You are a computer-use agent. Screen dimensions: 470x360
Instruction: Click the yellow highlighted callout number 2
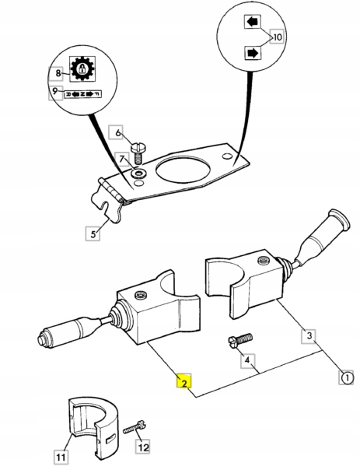183,383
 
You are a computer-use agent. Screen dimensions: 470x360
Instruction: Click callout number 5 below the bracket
93,232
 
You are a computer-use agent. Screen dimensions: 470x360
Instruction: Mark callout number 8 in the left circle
57,73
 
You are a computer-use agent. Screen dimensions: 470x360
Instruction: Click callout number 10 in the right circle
278,37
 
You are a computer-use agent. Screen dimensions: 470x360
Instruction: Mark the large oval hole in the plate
187,170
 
